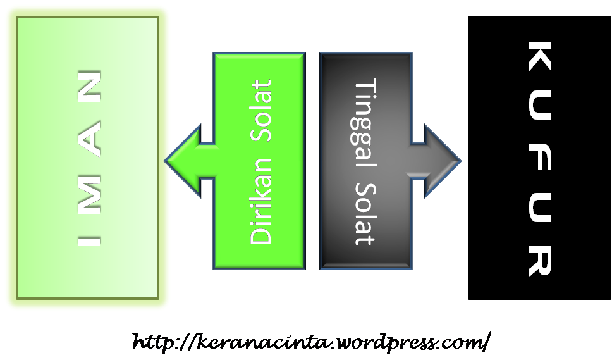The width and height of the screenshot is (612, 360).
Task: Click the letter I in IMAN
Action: coord(89,241)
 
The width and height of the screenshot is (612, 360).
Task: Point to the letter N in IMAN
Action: coord(89,87)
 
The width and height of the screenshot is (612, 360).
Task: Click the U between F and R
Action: coord(539,212)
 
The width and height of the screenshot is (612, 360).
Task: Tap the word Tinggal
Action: coord(365,122)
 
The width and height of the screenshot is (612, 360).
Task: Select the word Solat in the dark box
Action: coord(365,214)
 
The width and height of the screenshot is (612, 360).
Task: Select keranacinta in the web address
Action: coord(259,343)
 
